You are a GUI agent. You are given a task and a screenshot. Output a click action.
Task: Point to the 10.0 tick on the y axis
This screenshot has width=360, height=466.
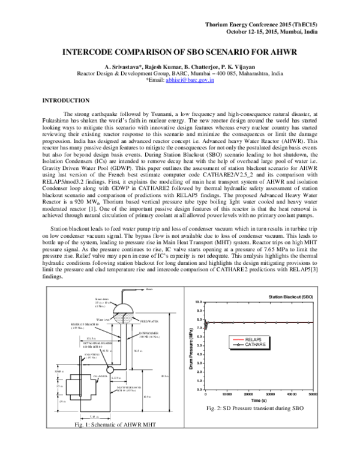coord(199,302)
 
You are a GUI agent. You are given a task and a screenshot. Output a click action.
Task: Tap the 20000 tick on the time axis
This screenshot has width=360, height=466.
coord(248,395)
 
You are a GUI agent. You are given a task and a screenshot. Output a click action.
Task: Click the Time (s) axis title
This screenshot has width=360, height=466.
coord(260,401)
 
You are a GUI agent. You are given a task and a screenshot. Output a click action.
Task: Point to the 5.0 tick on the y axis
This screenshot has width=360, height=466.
coord(199,346)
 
